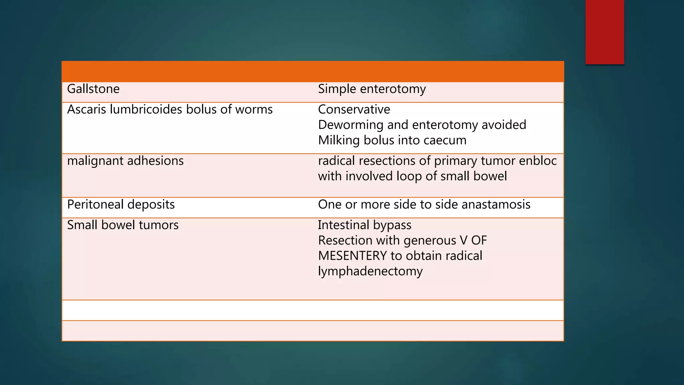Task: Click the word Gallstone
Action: pyautogui.click(x=93, y=89)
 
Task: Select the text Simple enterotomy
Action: pyautogui.click(x=372, y=89)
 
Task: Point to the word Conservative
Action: pyautogui.click(x=354, y=110)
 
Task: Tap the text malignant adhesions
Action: pyautogui.click(x=125, y=161)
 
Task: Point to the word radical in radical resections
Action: pyautogui.click(x=336, y=161)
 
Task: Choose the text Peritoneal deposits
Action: pyautogui.click(x=121, y=205)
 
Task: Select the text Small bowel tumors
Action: pyautogui.click(x=123, y=225)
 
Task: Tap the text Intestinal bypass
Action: pyautogui.click(x=364, y=225)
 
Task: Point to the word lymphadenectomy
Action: pyautogui.click(x=370, y=271)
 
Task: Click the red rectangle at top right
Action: pyautogui.click(x=605, y=32)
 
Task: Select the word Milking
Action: pyautogui.click(x=339, y=140)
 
